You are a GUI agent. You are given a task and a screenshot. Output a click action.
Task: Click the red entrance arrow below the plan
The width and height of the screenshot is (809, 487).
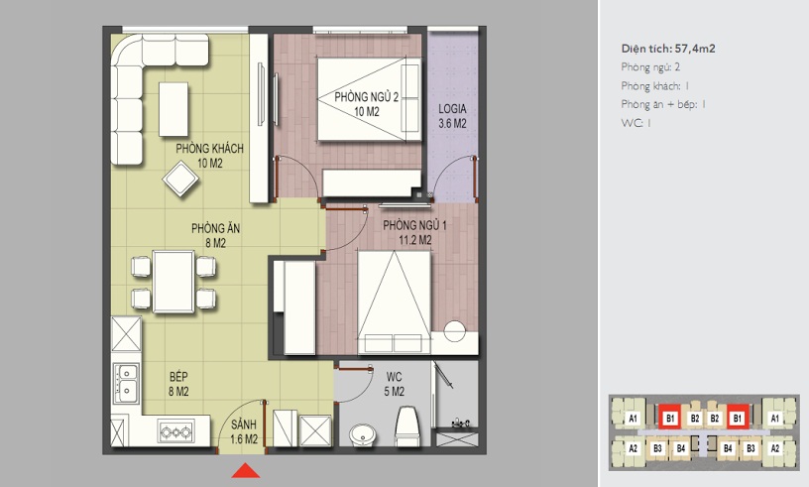click(x=246, y=470)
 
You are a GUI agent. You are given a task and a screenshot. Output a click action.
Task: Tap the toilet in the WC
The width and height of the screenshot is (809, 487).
click(x=407, y=426)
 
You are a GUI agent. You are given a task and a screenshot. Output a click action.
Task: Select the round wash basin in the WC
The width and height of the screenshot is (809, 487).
click(x=364, y=434)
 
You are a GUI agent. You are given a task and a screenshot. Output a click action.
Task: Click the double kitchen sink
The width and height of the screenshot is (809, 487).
click(x=126, y=383)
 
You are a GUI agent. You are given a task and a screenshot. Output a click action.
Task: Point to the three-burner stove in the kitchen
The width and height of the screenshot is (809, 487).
click(x=176, y=431)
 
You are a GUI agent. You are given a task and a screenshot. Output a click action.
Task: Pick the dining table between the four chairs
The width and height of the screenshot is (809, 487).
click(x=173, y=282)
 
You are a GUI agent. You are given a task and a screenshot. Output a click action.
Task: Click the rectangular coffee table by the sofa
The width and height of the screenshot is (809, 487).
click(x=173, y=109)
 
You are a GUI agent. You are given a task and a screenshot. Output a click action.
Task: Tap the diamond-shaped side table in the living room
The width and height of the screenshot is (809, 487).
click(x=180, y=180)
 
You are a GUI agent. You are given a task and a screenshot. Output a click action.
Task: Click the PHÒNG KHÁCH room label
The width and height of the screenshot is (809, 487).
click(x=209, y=149)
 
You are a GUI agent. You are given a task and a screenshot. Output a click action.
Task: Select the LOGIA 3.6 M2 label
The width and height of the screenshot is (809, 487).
click(x=452, y=116)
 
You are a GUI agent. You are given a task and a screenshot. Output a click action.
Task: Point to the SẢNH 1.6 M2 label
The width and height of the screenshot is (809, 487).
click(x=244, y=431)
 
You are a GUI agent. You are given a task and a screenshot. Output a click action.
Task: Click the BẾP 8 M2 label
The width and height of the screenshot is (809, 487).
click(x=178, y=384)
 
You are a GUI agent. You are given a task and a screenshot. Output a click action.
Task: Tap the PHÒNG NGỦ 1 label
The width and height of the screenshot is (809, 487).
click(x=414, y=226)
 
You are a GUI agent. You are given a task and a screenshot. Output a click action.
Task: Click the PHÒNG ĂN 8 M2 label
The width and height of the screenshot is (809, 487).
click(x=216, y=235)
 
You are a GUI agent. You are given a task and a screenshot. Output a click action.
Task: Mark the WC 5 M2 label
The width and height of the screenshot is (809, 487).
click(x=395, y=384)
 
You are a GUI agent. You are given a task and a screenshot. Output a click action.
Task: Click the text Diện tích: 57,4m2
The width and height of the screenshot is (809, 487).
click(x=668, y=49)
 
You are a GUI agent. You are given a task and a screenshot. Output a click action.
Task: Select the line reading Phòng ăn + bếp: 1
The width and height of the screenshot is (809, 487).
click(x=663, y=104)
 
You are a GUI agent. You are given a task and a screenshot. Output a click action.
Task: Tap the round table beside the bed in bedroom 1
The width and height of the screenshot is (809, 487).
click(x=455, y=331)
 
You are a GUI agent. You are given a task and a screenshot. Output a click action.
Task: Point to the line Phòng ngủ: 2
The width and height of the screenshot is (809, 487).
click(x=650, y=67)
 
